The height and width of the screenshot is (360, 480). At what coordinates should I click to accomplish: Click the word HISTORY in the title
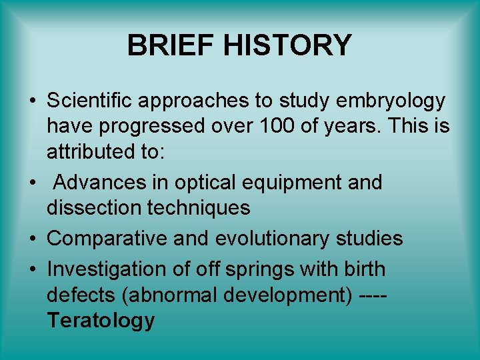click(287, 46)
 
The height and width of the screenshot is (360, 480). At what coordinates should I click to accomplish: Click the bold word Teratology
click(101, 321)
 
